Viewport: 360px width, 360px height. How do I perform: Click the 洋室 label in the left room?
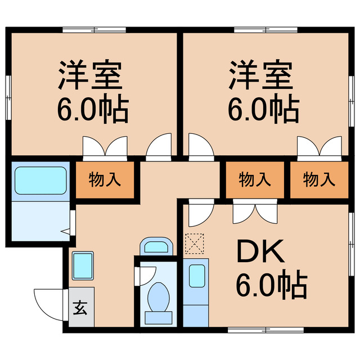click(90, 76)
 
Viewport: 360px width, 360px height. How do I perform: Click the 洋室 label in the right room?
click(260, 76)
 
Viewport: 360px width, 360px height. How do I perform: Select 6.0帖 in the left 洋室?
click(92, 110)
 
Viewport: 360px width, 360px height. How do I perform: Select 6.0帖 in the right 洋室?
click(262, 110)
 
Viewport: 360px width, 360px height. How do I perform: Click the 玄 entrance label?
click(80, 308)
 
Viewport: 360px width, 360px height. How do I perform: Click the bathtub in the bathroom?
click(40, 180)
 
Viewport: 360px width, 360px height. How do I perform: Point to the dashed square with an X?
click(192, 244)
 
